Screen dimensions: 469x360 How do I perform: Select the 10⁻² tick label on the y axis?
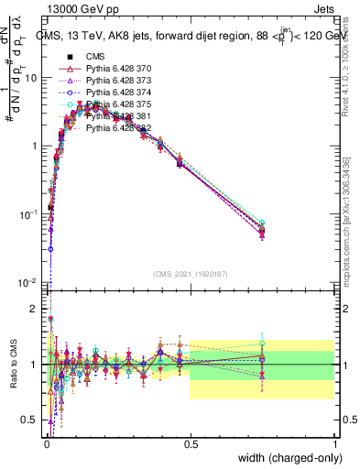[29, 282]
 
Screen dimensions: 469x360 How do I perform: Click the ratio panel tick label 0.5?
[33, 420]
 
